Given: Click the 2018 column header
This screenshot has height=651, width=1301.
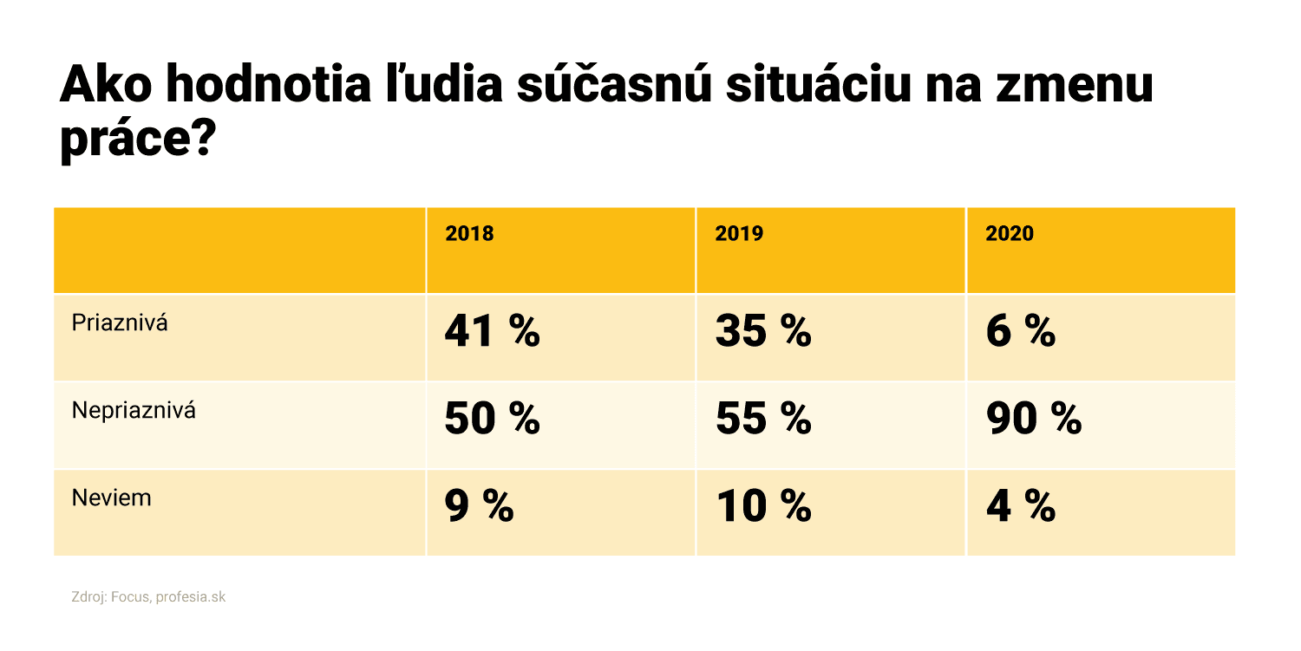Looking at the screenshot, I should click(x=469, y=234).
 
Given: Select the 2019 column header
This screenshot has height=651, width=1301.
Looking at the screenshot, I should click(x=739, y=234).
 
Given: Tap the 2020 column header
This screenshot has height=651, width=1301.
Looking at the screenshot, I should click(x=1010, y=234).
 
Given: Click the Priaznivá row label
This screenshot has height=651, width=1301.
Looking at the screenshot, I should click(x=120, y=323).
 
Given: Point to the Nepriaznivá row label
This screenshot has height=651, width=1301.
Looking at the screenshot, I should click(x=134, y=410).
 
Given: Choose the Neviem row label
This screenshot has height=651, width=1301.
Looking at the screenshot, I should click(x=111, y=498).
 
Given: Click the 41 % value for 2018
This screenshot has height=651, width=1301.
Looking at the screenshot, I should click(x=492, y=332).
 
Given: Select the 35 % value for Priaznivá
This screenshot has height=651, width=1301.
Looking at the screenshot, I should click(x=762, y=332).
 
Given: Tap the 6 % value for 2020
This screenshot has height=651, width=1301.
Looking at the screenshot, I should click(x=1020, y=332).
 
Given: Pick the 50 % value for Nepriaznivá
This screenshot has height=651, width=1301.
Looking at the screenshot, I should click(x=492, y=420).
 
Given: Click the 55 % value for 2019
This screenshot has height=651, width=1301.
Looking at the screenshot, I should click(x=762, y=420).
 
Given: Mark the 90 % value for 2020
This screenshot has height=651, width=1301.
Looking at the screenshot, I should click(x=1033, y=420).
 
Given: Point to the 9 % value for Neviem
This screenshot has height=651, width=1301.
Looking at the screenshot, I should click(x=479, y=507).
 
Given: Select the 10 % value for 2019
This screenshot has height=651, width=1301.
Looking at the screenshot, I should click(x=762, y=507).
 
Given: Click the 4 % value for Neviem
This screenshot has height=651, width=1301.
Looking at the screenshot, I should click(x=1020, y=507).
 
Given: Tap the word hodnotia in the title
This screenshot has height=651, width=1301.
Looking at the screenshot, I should click(x=266, y=87).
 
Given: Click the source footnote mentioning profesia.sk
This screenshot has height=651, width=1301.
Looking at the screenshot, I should click(x=148, y=597).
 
